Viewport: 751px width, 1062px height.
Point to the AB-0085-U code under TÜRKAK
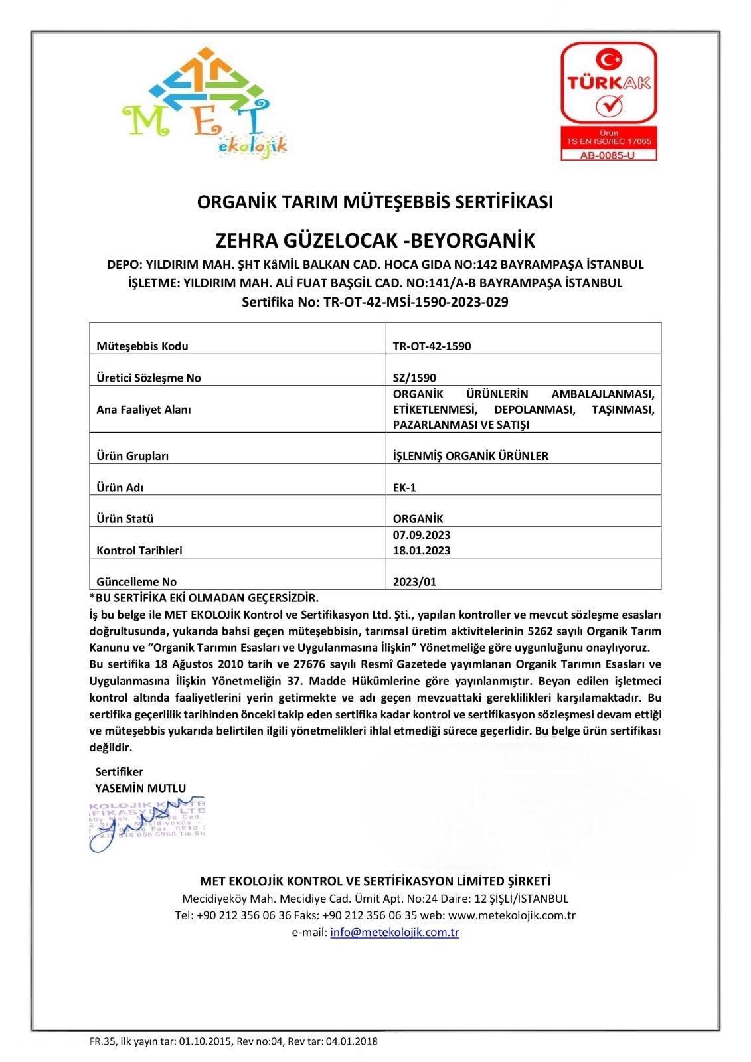coord(608,155)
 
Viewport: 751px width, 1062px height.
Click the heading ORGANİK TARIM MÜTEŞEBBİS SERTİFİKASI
coord(375,202)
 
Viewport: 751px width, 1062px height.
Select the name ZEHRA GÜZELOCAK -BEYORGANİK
coord(375,239)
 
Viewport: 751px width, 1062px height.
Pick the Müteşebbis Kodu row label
coord(142,346)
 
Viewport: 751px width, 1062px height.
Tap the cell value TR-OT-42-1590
coord(432,346)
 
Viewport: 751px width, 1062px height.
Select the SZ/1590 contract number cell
coord(414,378)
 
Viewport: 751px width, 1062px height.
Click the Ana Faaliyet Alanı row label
coord(143,410)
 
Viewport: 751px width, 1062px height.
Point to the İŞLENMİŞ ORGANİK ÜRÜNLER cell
coord(470,456)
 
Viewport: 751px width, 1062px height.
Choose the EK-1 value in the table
coord(404,487)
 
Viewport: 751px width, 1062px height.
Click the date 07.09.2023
coord(422,535)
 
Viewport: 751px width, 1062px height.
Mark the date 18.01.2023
coord(422,550)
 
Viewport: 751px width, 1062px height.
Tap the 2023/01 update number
coord(414,582)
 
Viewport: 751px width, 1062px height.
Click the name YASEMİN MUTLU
coord(141,788)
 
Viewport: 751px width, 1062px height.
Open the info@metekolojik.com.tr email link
coord(394,932)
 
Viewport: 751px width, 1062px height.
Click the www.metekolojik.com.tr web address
coord(511,915)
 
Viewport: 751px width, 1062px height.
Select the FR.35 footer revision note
coord(233,1041)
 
